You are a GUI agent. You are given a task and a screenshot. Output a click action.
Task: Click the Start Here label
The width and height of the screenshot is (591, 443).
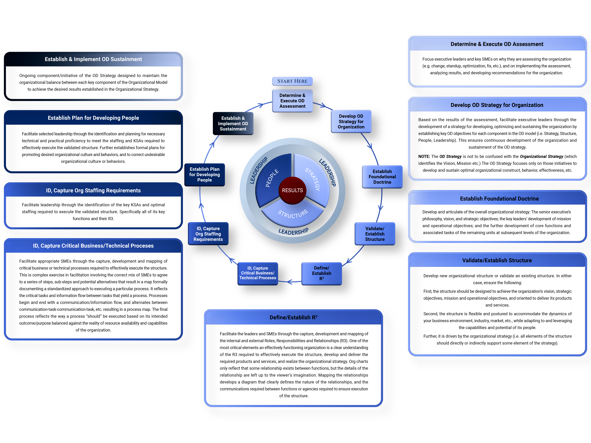[292, 81]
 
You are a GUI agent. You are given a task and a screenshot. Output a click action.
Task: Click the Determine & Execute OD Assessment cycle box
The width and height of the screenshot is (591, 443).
[292, 101]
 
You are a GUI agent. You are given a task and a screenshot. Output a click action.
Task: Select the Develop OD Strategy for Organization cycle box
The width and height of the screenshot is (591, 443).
[351, 122]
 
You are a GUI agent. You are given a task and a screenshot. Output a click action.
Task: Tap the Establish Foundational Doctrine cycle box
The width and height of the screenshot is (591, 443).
[382, 177]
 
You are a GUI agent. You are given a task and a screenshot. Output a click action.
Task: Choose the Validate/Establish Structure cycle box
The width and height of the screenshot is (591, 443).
[375, 234]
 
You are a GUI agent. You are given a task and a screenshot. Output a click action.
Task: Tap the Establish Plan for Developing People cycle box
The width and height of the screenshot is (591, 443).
[204, 175]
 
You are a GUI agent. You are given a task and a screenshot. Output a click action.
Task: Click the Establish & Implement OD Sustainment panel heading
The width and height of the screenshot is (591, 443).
[93, 59]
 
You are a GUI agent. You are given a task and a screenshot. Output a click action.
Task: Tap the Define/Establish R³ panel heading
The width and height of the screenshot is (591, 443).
[293, 318]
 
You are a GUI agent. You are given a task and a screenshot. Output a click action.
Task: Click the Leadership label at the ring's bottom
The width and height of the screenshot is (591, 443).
[293, 231]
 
